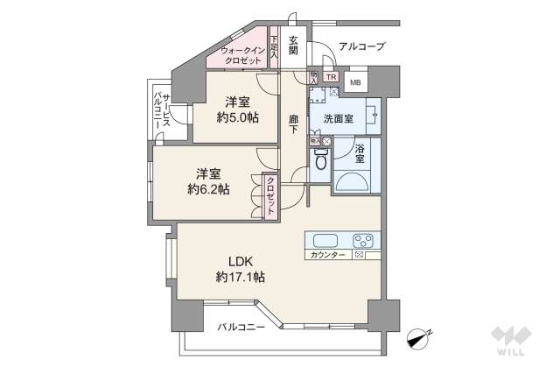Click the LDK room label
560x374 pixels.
pos(240,261)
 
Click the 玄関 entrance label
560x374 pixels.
pos(293,46)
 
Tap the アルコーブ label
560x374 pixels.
pos(361,46)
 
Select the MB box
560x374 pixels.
pos(354,82)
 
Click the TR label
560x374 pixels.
pos(331,77)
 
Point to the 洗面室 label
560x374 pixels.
pos(338,117)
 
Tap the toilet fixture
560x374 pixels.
pos(320,161)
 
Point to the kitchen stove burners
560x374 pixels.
pos(364,241)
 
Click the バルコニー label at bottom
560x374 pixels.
pos(241,327)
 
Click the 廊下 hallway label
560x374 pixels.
pos(294,125)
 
